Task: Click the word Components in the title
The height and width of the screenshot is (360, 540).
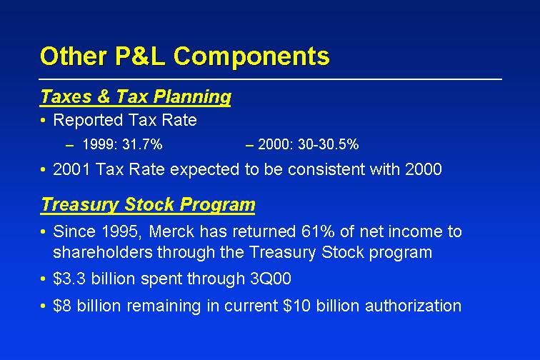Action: coord(251,56)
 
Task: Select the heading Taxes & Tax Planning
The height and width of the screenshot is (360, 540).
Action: coord(136,96)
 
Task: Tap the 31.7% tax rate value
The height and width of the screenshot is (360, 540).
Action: coord(142,144)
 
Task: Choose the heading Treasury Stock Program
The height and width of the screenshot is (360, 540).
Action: coord(148,204)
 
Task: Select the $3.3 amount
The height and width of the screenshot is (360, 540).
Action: coord(69,279)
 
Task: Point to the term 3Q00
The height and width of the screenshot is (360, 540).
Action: coord(271,279)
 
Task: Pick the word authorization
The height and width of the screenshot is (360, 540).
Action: coord(414,306)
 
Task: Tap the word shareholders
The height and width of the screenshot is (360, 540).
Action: coord(103,252)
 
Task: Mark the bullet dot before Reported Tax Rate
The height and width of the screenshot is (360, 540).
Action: coord(43,120)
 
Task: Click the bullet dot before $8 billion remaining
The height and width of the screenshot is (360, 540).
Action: coord(43,306)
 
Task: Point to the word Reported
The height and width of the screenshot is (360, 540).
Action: coord(88,120)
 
